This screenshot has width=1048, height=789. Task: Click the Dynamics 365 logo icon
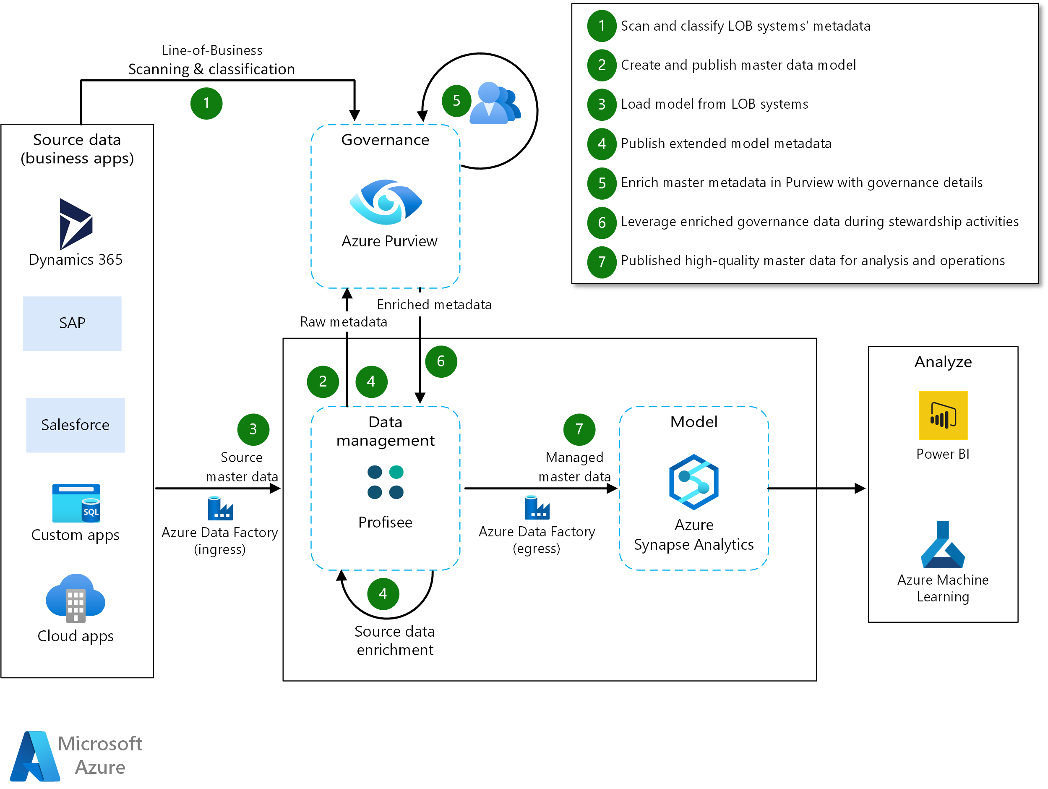click(76, 224)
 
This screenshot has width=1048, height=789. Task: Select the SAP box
click(72, 323)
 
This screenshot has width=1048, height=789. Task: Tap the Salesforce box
click(76, 425)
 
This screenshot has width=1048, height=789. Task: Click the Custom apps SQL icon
click(76, 503)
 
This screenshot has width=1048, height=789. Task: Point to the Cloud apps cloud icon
click(76, 598)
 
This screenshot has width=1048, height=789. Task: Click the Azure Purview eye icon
click(386, 202)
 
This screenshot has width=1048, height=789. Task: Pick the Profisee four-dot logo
click(385, 482)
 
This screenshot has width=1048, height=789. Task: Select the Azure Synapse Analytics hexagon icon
click(693, 482)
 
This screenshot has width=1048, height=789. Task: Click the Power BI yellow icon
click(942, 415)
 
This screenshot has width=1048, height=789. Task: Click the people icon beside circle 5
click(495, 103)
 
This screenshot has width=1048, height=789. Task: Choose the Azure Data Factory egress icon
click(536, 507)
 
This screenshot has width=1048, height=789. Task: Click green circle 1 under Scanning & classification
click(206, 103)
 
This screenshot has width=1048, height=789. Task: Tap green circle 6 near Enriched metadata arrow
click(441, 362)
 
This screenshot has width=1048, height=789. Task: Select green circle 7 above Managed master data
click(579, 429)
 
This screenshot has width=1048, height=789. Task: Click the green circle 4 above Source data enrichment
click(383, 594)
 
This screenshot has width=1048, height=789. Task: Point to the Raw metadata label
click(344, 322)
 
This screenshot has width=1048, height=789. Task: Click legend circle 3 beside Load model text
click(601, 104)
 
